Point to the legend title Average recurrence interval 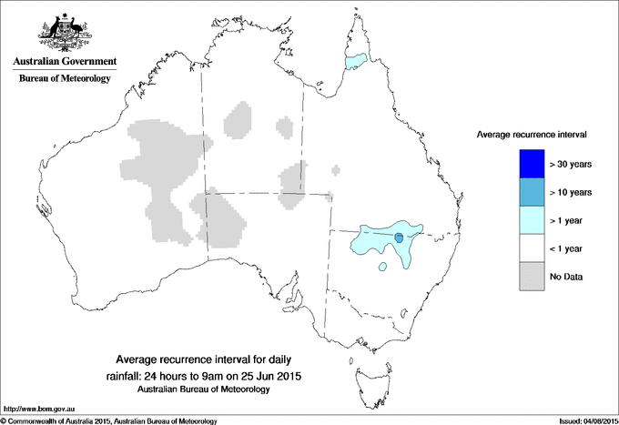click(532, 134)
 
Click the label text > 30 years click(571, 165)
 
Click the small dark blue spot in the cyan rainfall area click(399, 238)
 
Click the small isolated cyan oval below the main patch click(382, 268)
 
